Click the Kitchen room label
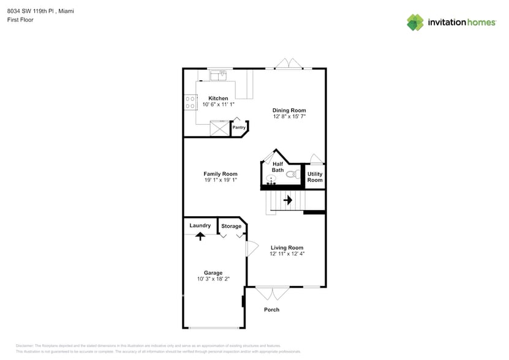click(218, 98)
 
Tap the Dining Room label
click(289, 110)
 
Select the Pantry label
click(239, 127)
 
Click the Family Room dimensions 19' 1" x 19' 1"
click(221, 180)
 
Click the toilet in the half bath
click(292, 174)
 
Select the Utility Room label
click(315, 177)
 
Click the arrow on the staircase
click(287, 200)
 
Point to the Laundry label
click(200, 225)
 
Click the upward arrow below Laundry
click(200, 236)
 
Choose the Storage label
click(232, 226)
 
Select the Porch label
click(271, 309)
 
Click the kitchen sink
click(218, 76)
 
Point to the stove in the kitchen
click(190, 102)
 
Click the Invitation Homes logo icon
click(415, 22)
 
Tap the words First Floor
click(21, 20)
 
